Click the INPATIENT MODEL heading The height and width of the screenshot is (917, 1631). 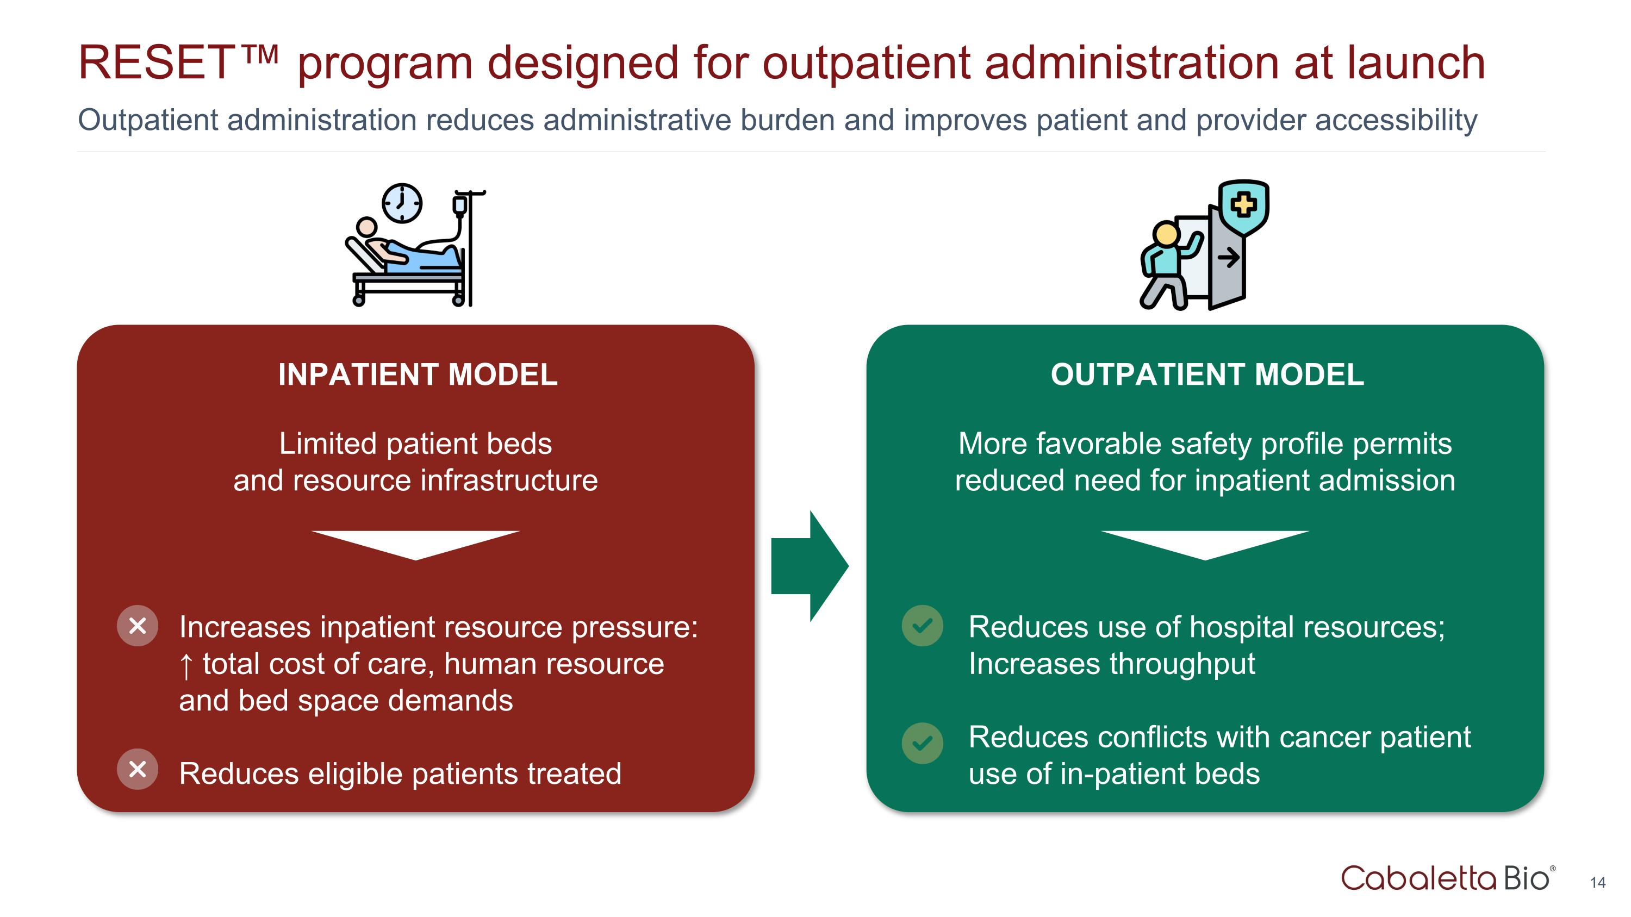tap(418, 375)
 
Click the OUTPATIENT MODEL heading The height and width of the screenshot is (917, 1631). tap(1207, 375)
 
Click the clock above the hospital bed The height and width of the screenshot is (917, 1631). tap(402, 203)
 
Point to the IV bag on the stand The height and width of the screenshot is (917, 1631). tap(459, 205)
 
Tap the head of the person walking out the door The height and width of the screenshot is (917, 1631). tap(1166, 234)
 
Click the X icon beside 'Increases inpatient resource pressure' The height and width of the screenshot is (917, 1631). tap(138, 626)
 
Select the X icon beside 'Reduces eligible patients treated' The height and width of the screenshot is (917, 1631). tap(138, 770)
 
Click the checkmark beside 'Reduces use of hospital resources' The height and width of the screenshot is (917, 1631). tap(923, 626)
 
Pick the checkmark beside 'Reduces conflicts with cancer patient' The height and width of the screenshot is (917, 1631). tap(923, 743)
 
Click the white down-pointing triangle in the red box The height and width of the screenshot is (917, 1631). tap(415, 543)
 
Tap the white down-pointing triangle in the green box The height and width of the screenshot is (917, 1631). tap(1205, 543)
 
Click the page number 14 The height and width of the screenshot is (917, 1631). tap(1597, 882)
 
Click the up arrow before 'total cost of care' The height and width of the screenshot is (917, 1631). tap(185, 666)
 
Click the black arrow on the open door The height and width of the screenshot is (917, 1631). tap(1229, 258)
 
